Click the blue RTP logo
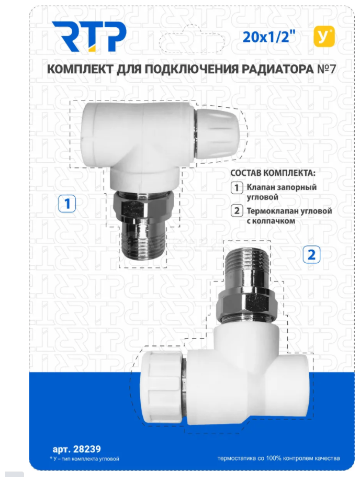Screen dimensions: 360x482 pos(89,37)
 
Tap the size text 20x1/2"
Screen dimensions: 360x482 pos(268,37)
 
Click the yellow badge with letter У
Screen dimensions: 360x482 pos(324,37)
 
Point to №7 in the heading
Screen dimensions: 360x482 pos(326,69)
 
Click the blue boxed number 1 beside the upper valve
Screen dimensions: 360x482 pos(67,204)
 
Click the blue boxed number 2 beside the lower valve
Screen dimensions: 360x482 pos(311,254)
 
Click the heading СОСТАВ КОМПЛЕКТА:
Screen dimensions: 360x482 pos(273,173)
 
